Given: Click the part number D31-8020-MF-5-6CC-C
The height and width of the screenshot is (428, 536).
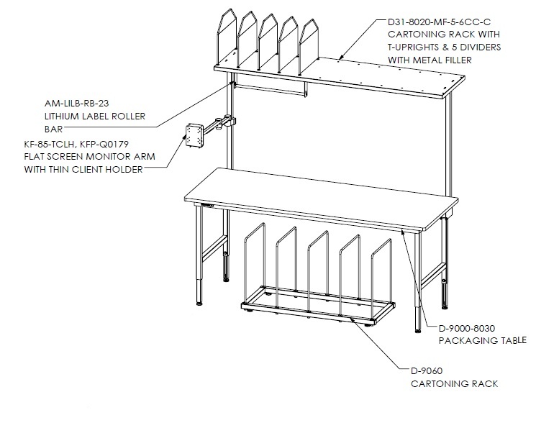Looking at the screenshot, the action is (439, 22).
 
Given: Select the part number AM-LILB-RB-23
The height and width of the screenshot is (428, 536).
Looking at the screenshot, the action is (76, 104).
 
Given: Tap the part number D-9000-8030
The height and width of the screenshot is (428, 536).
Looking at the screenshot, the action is (467, 329).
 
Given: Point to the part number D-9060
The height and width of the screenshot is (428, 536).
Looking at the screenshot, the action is (427, 371).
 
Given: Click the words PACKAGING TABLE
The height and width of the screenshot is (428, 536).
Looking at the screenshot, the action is (482, 340).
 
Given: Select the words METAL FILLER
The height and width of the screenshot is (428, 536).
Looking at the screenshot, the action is (442, 60).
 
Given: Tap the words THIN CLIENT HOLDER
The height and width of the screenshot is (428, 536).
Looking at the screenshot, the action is (96, 169).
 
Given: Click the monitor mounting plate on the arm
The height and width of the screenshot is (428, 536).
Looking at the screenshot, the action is (193, 135).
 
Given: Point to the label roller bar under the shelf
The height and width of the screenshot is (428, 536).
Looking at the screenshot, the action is (269, 90).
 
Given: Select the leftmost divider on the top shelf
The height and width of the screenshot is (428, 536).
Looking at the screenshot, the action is (227, 37).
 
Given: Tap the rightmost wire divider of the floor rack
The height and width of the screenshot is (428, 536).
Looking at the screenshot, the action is (381, 281).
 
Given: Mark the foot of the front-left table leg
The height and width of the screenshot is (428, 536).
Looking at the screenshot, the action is (199, 303).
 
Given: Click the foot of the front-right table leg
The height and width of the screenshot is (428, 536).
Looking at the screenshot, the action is (418, 331).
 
